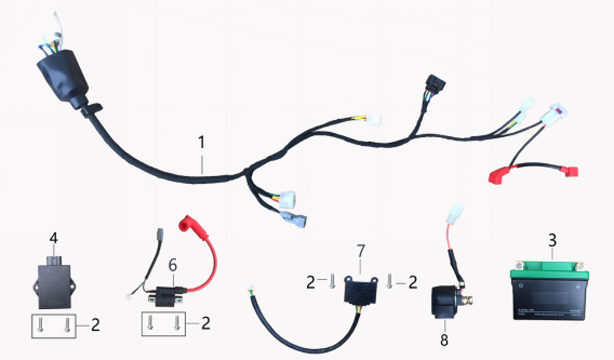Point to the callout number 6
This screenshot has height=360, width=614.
[x=173, y=265]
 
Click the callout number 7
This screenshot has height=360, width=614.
[x=360, y=251]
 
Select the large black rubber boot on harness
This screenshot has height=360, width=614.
[x=62, y=77]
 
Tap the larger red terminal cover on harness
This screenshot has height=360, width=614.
[x=500, y=175]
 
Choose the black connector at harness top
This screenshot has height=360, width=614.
[x=434, y=85]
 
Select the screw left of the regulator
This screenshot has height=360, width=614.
[x=332, y=281]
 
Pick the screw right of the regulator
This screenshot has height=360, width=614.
[x=389, y=281]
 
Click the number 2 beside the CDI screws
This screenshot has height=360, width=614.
[x=95, y=324]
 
